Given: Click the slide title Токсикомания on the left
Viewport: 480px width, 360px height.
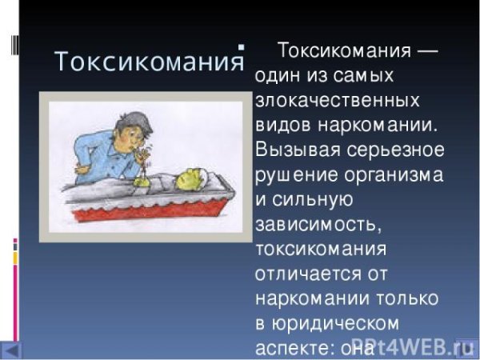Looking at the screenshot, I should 148,62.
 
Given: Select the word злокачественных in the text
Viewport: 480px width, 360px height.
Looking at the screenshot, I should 338,102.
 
